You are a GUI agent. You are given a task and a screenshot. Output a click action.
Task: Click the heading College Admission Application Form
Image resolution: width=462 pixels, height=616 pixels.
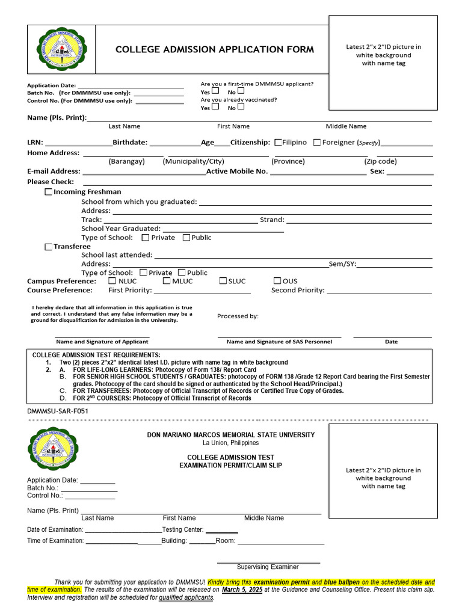215,49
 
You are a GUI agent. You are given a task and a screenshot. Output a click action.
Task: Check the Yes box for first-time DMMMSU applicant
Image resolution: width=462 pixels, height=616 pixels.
215,91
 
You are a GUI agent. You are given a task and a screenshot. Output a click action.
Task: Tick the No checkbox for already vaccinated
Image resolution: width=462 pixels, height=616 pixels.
241,107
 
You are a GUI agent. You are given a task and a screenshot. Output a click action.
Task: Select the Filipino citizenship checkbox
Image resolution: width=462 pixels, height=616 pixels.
279,143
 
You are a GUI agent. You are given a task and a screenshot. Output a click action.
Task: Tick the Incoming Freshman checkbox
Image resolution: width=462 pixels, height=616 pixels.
49,192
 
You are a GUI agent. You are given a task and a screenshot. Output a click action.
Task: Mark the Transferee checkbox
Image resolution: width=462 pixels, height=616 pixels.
49,247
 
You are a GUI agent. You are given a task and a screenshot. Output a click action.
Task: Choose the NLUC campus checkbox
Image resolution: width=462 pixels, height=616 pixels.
112,281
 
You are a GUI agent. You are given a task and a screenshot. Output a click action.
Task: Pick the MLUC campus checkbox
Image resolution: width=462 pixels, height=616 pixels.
167,281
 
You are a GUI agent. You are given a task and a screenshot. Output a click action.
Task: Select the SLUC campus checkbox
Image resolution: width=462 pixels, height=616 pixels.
223,281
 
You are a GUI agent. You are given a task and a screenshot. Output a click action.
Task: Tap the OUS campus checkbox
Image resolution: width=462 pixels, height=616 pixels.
277,281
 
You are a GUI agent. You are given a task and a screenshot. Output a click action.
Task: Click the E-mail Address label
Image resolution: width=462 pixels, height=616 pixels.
54,171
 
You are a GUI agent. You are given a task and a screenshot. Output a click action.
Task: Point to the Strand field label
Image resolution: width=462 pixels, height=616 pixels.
272,220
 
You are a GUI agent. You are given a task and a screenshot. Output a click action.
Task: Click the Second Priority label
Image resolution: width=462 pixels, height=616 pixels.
298,290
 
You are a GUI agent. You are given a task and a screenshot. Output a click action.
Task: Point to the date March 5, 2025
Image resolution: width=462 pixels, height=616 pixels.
242,590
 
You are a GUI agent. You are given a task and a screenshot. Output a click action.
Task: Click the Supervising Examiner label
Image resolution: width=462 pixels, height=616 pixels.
268,567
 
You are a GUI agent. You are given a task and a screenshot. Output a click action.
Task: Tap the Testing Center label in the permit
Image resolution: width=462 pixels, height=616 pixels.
183,530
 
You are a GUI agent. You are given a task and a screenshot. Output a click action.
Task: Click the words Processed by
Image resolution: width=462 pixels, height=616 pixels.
238,316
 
